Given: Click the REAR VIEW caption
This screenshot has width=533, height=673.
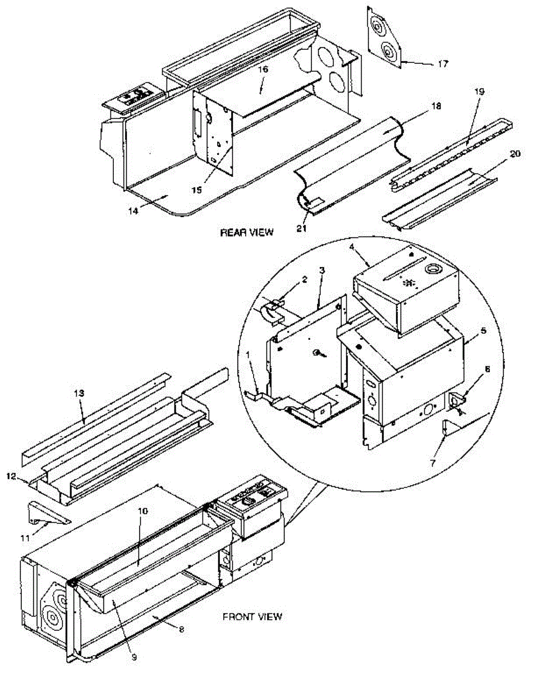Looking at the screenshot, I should click(x=247, y=232).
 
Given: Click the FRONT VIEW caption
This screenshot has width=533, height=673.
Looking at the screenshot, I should click(x=252, y=617).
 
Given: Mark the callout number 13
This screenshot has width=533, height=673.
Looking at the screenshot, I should click(x=80, y=394).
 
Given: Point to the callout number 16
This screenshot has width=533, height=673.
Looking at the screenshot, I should click(x=263, y=69).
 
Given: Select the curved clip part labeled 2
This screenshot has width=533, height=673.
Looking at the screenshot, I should click(x=272, y=311).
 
